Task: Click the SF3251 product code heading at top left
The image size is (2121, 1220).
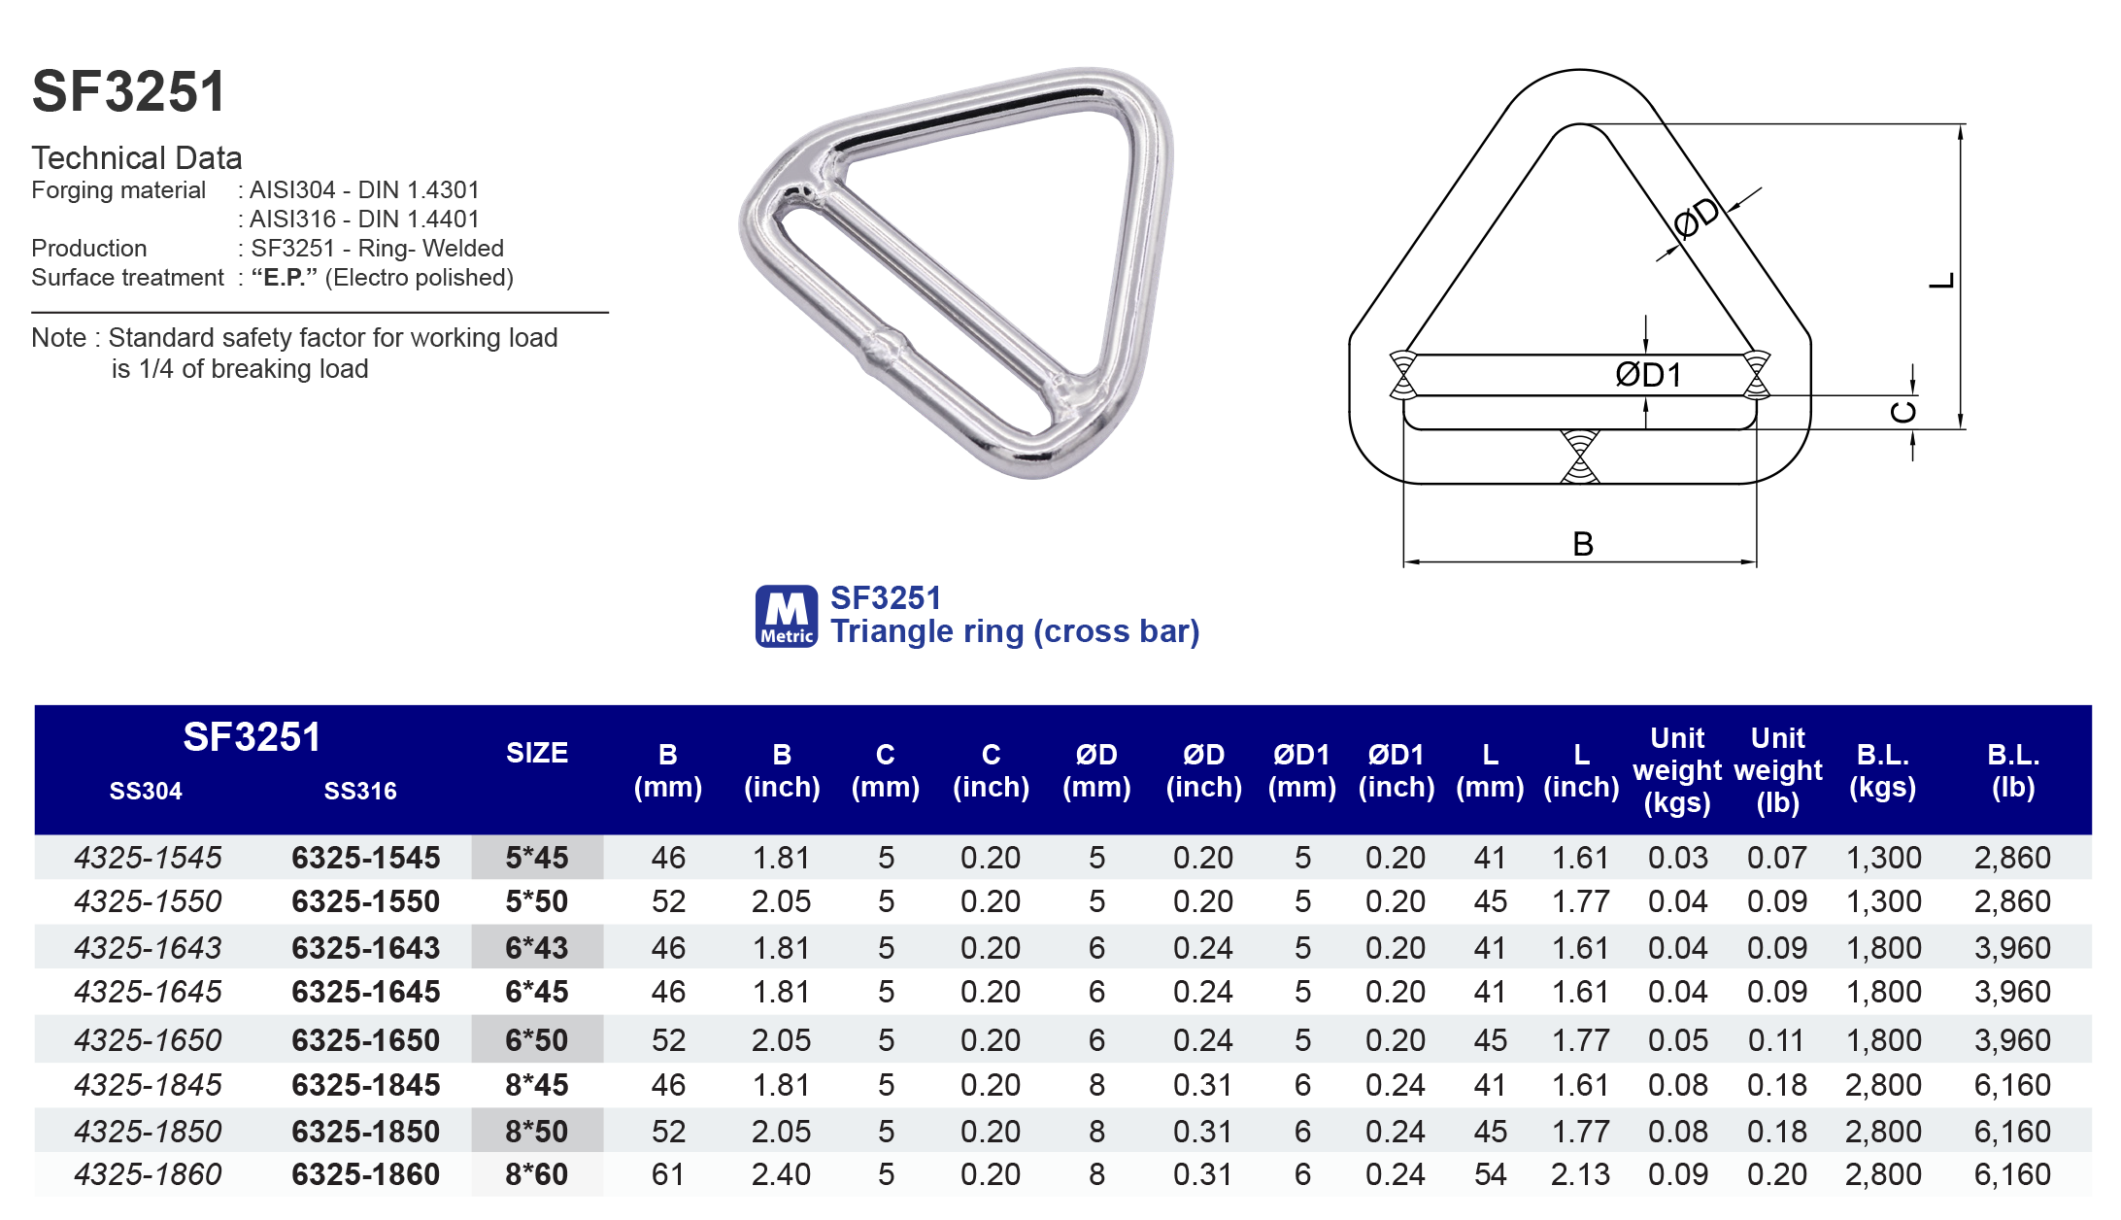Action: click(129, 92)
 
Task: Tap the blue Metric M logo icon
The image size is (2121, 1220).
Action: click(786, 616)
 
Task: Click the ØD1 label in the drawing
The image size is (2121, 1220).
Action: click(1648, 375)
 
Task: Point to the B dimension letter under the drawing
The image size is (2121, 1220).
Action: click(1582, 544)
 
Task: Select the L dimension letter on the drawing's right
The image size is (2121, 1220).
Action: click(1940, 281)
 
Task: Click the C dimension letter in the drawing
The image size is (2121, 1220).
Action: click(1903, 412)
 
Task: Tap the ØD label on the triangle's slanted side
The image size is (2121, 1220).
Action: click(1697, 219)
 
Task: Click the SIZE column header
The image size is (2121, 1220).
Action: click(536, 753)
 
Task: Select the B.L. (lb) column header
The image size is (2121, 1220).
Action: click(2012, 770)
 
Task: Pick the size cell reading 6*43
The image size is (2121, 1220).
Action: click(536, 947)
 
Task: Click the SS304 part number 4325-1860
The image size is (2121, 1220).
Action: click(148, 1174)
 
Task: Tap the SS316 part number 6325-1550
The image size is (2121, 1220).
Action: click(365, 901)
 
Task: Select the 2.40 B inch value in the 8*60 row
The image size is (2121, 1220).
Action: click(781, 1174)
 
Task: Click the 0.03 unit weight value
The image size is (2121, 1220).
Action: click(1677, 858)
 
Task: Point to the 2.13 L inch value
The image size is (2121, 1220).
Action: click(1580, 1174)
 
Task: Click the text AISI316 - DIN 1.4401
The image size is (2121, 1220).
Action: click(364, 220)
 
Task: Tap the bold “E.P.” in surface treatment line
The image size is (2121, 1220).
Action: click(284, 278)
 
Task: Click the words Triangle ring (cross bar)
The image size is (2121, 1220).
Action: click(1015, 631)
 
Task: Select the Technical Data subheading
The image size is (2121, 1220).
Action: click(137, 157)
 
